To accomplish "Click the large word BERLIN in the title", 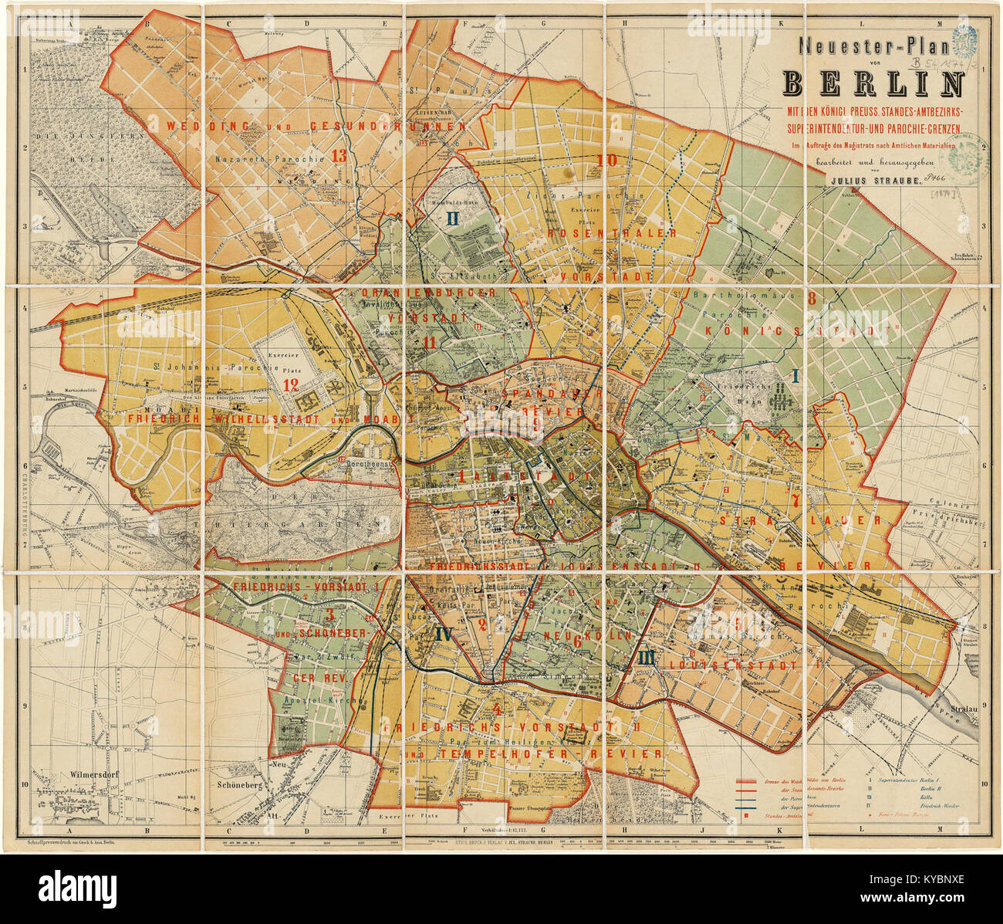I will point(873,82).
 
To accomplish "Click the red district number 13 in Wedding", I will point(338,155).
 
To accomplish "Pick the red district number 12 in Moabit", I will point(291,384).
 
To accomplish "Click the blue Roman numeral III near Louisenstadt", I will point(647,658).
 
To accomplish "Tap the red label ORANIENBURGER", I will point(429,293).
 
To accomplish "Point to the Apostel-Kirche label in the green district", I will point(318,700).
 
